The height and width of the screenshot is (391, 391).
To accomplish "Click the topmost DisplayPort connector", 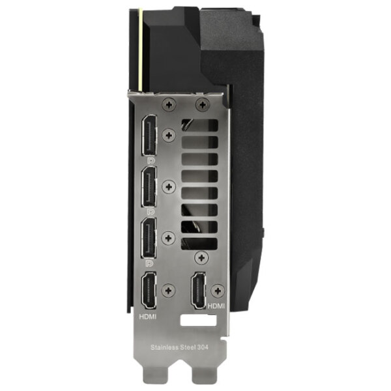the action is [x=149, y=136].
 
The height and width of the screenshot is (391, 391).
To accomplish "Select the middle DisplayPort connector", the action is [x=149, y=187].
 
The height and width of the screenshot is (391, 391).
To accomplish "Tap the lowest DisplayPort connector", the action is [x=149, y=238].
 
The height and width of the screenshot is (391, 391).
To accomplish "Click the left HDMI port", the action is [x=149, y=291].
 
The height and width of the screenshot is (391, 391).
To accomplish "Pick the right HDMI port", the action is [x=199, y=290].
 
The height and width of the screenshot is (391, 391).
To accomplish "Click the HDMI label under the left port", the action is [x=148, y=317].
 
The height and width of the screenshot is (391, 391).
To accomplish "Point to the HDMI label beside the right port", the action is [x=216, y=306].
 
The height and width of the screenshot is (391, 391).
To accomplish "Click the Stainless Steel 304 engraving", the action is [x=179, y=347].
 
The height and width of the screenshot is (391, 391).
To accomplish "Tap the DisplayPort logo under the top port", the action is [x=151, y=160].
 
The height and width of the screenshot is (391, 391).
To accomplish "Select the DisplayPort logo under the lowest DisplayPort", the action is [x=150, y=263].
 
